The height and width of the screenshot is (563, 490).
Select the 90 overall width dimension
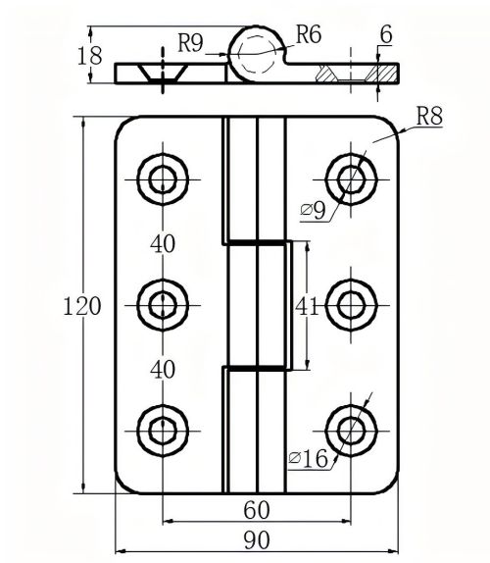tap(257, 538)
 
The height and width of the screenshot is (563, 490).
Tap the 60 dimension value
tap(257, 509)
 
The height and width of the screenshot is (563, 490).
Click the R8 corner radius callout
tap(428, 117)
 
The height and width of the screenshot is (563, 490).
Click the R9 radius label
tap(191, 42)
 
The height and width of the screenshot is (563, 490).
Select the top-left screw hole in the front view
tap(162, 179)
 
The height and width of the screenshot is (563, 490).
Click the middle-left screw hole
tap(162, 304)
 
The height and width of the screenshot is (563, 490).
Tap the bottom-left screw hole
tap(162, 429)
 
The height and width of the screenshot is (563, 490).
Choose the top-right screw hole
tap(350, 179)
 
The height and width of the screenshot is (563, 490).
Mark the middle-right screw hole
tap(350, 304)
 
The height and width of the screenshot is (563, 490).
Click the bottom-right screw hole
tap(350, 429)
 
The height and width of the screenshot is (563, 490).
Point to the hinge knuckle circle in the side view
tap(257, 49)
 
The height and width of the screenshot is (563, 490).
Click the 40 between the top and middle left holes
tap(164, 242)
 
